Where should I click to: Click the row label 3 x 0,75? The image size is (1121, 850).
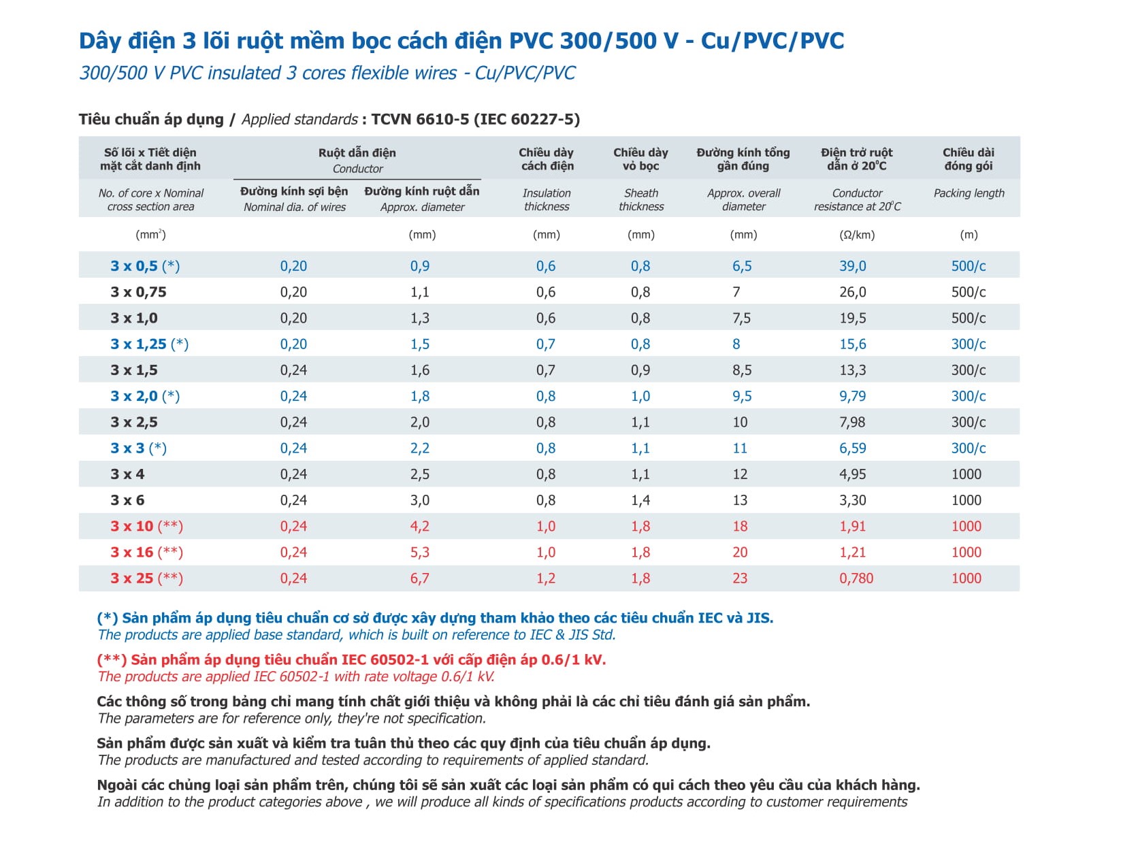pyautogui.click(x=138, y=292)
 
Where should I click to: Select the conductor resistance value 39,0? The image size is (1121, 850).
pyautogui.click(x=852, y=266)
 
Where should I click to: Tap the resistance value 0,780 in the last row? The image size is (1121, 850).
pyautogui.click(x=856, y=578)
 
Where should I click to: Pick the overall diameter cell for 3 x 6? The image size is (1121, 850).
pyautogui.click(x=740, y=500)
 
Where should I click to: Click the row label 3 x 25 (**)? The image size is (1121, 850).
pyautogui.click(x=146, y=578)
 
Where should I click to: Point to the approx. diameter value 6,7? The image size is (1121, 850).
pyautogui.click(x=419, y=578)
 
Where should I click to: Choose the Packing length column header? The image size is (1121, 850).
pyautogui.click(x=969, y=193)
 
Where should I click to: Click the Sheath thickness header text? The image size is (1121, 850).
pyautogui.click(x=640, y=200)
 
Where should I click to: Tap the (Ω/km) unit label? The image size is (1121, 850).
pyautogui.click(x=857, y=235)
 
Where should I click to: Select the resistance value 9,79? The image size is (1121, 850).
pyautogui.click(x=852, y=396)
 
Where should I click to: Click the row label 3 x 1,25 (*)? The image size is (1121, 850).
pyautogui.click(x=149, y=344)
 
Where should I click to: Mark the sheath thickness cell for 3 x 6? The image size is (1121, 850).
pyautogui.click(x=640, y=500)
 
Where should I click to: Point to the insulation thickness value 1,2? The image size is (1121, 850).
pyautogui.click(x=545, y=578)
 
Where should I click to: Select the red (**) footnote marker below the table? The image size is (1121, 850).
pyautogui.click(x=112, y=659)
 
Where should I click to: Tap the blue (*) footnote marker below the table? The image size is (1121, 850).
pyautogui.click(x=108, y=618)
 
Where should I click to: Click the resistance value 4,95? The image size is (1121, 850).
pyautogui.click(x=852, y=474)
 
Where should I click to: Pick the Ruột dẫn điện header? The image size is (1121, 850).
pyautogui.click(x=357, y=153)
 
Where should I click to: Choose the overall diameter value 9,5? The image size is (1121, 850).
pyautogui.click(x=742, y=396)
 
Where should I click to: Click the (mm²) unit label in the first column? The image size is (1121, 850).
pyautogui.click(x=150, y=235)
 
